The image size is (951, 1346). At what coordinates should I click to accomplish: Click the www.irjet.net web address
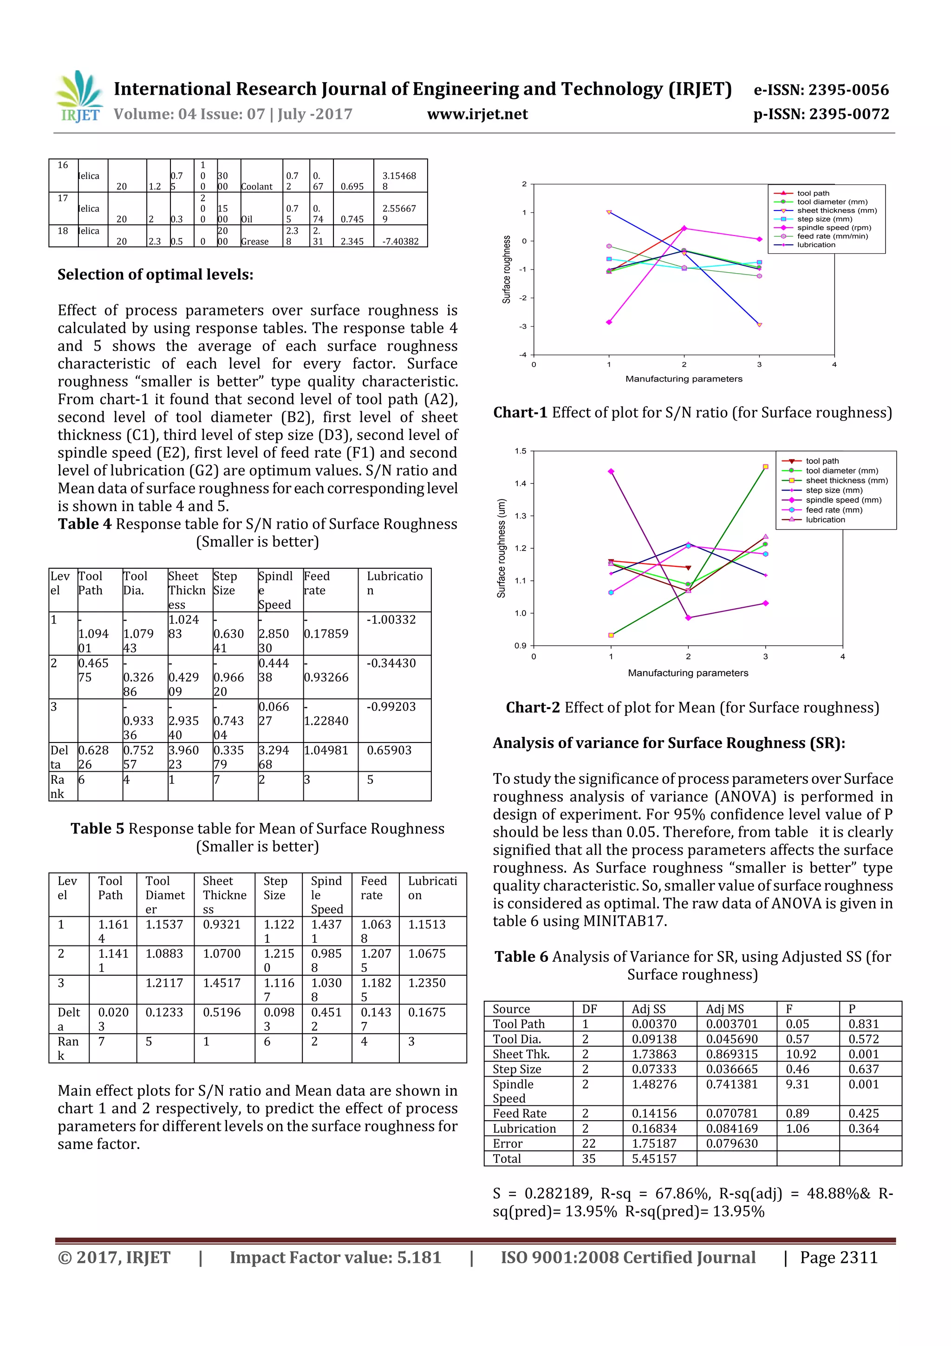(x=477, y=114)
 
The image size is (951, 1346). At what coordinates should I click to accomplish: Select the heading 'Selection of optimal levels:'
(x=155, y=275)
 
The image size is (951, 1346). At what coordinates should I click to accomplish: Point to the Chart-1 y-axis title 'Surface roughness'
(x=506, y=269)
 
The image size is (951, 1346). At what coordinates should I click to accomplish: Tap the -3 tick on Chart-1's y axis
(x=523, y=327)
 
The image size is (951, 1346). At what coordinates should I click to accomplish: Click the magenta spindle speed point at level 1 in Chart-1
(x=609, y=322)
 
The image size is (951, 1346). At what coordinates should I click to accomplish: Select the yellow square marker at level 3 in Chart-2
(x=765, y=466)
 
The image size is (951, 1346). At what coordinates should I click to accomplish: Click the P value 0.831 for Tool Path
(x=863, y=1024)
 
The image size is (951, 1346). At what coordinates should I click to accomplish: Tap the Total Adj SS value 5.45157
(x=653, y=1158)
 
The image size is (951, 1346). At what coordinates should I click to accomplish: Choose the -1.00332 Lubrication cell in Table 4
(x=391, y=620)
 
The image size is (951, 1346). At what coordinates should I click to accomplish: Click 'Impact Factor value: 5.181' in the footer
(x=335, y=1257)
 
